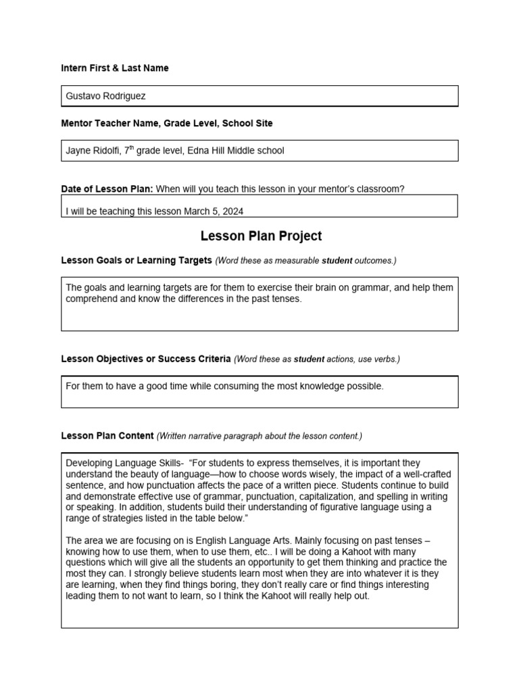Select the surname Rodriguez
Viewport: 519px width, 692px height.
pyautogui.click(x=123, y=96)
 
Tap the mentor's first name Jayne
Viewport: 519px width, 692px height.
pyautogui.click(x=78, y=151)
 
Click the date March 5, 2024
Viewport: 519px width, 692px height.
pyautogui.click(x=214, y=212)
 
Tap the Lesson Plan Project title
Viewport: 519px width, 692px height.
pyautogui.click(x=261, y=236)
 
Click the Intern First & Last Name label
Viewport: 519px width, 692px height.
pyautogui.click(x=115, y=68)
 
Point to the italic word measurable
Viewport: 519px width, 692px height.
pyautogui.click(x=295, y=261)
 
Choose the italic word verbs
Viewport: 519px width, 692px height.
pyautogui.click(x=385, y=360)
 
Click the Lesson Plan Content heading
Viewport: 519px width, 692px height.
pyautogui.click(x=107, y=436)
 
